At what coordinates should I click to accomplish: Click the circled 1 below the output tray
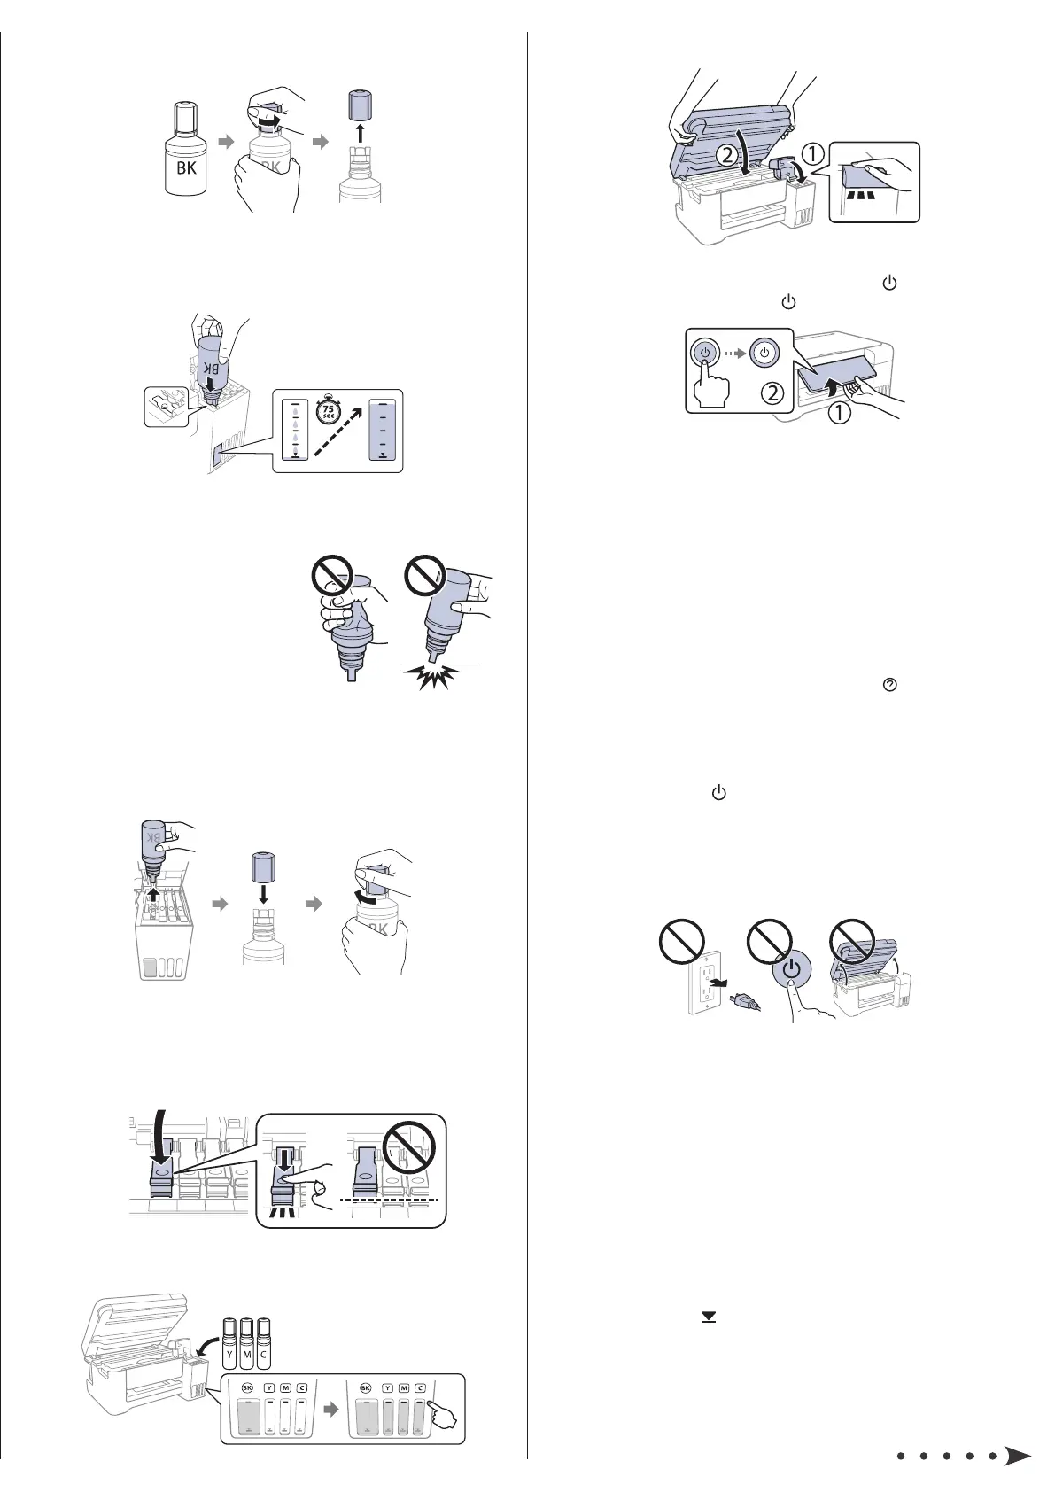pyautogui.click(x=838, y=411)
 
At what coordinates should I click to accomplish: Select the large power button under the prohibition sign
pyautogui.click(x=791, y=969)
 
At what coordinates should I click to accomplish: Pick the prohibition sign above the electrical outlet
pyautogui.click(x=679, y=941)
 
